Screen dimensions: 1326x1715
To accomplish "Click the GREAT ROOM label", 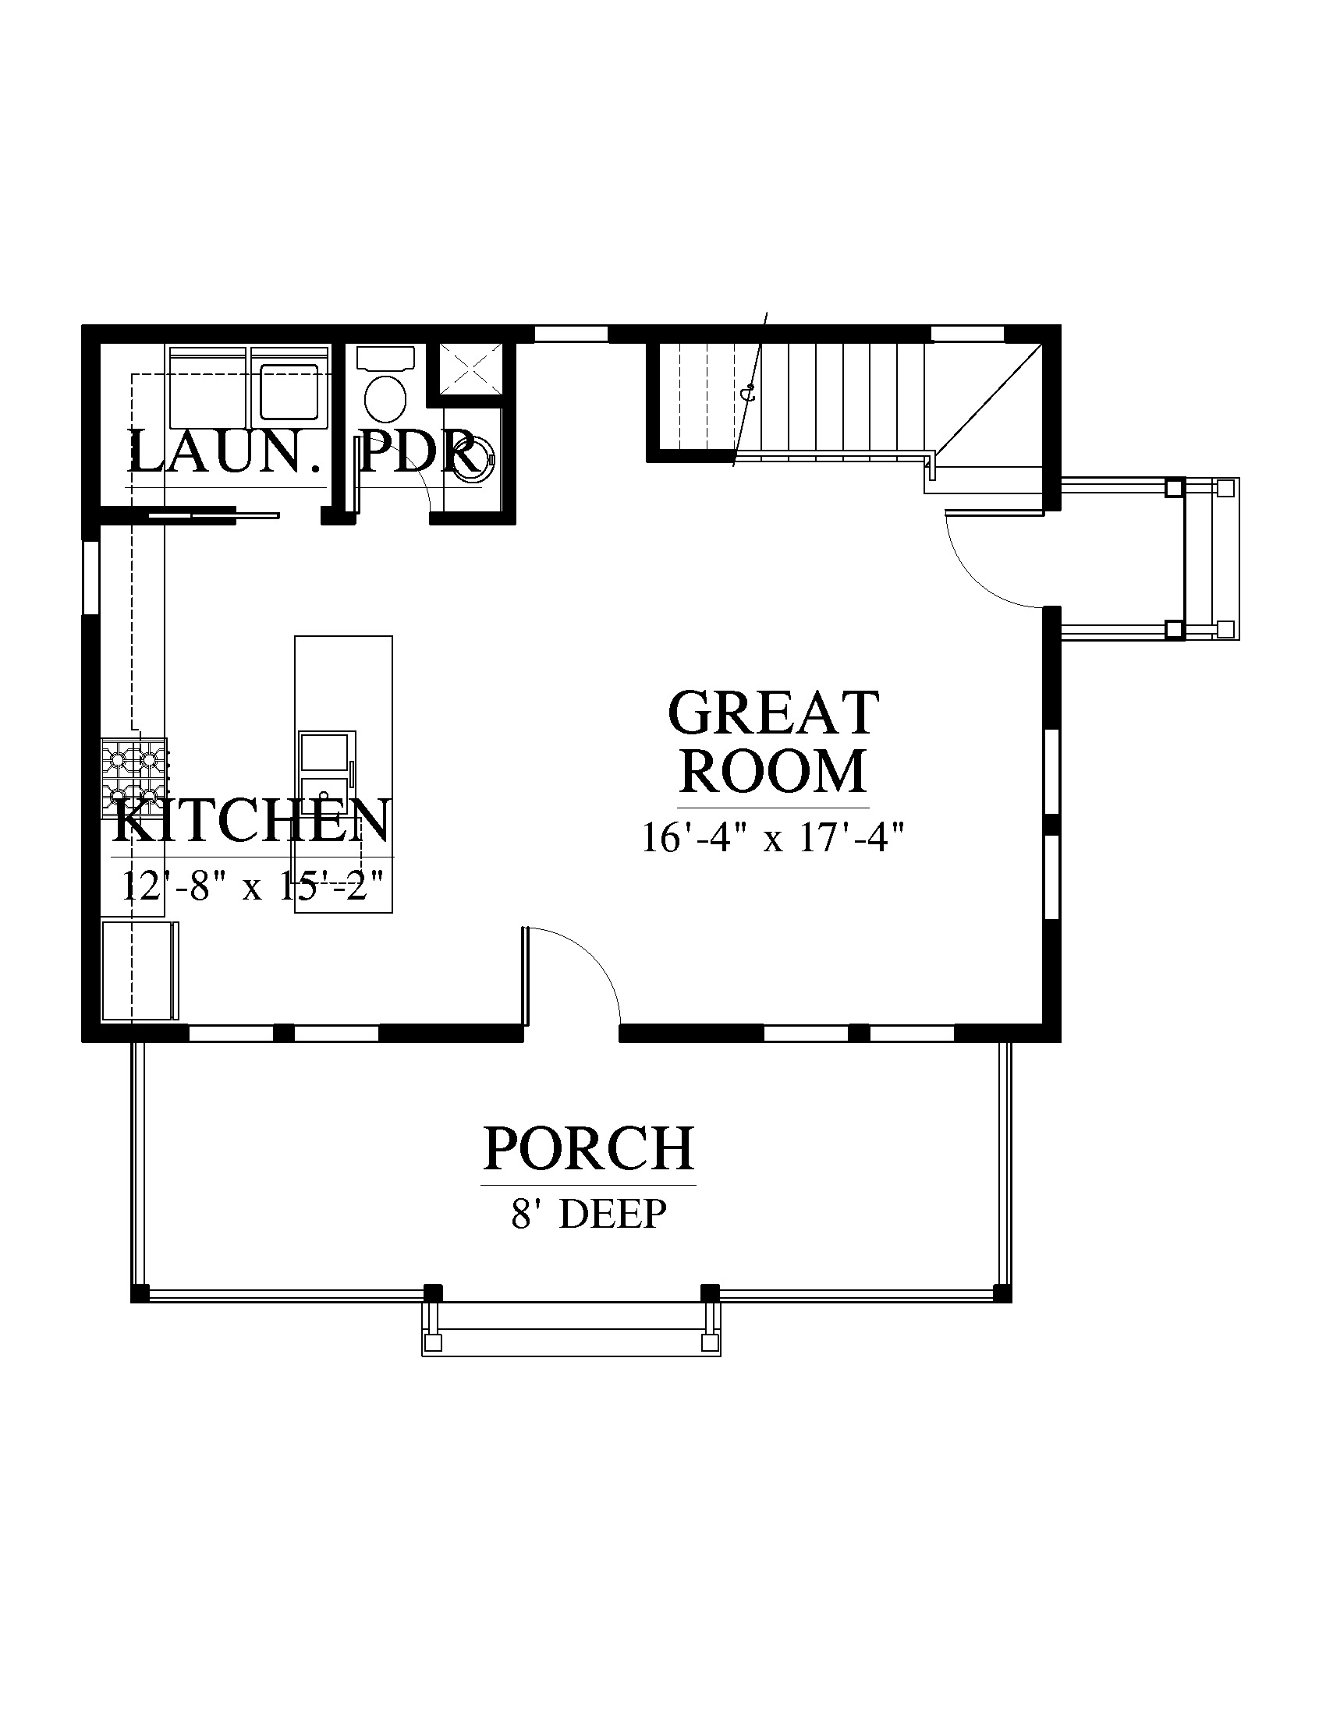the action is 773,741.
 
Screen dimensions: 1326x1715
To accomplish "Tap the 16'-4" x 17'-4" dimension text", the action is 774,837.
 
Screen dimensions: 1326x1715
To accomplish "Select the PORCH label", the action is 588,1148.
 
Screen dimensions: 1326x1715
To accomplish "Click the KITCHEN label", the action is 252,821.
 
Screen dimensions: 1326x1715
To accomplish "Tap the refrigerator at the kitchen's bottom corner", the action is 140,971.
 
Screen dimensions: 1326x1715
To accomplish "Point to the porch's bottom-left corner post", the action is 139,1292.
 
